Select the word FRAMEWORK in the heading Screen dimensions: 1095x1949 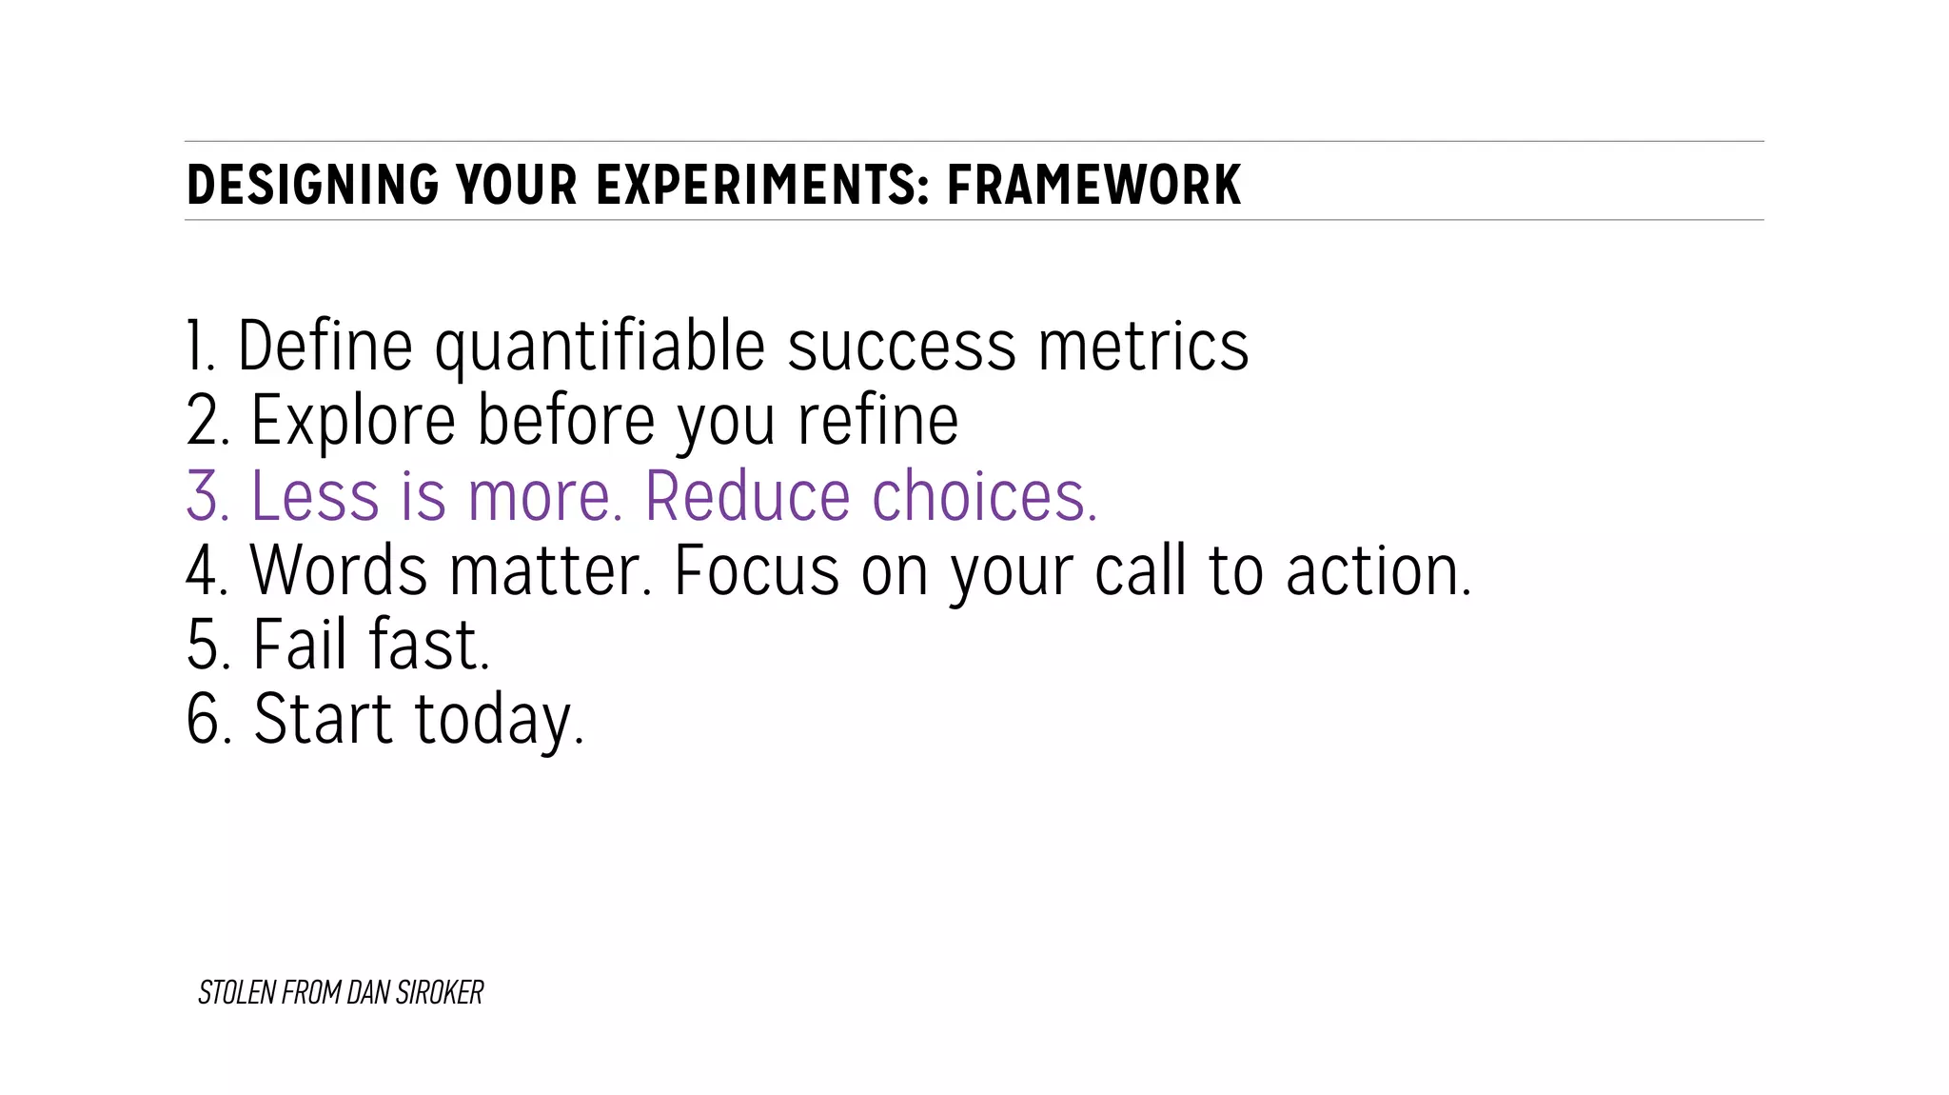[x=1093, y=185]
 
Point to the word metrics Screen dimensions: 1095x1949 [x=1143, y=347]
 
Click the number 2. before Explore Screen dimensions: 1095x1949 [x=208, y=421]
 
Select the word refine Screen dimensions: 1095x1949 [x=877, y=421]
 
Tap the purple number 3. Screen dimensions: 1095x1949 [x=208, y=496]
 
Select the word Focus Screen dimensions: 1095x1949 [x=757, y=571]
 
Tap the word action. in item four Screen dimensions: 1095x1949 [x=1378, y=571]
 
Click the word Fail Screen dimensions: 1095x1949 [x=300, y=646]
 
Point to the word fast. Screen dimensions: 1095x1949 [x=429, y=646]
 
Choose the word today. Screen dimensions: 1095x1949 [x=499, y=722]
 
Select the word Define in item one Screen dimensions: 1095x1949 [x=325, y=347]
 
